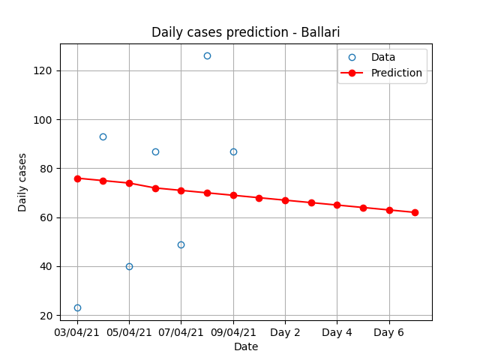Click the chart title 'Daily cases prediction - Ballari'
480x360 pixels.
pyautogui.click(x=245, y=32)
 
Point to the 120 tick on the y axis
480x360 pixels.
pyautogui.click(x=43, y=70)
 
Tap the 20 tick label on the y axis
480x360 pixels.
pyautogui.click(x=46, y=316)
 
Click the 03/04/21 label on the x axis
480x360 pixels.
pyautogui.click(x=76, y=332)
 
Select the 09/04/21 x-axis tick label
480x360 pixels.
pyautogui.click(x=233, y=332)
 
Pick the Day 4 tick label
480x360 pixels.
pyautogui.click(x=337, y=332)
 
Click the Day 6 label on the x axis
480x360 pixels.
pyautogui.click(x=388, y=332)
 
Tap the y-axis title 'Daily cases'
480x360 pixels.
pyautogui.click(x=22, y=182)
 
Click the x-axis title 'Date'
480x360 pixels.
pyautogui.click(x=246, y=346)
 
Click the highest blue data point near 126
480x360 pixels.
pyautogui.click(x=207, y=56)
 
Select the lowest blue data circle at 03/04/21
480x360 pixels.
pyautogui.click(x=77, y=307)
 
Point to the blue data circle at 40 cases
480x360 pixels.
pyautogui.click(x=129, y=267)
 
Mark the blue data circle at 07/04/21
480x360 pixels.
pyautogui.click(x=181, y=245)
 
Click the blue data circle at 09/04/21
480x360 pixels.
pyautogui.click(x=233, y=151)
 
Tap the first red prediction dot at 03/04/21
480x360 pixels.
pyautogui.click(x=77, y=178)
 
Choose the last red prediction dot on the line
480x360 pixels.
pyautogui.click(x=415, y=213)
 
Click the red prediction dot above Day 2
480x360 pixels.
pyautogui.click(x=285, y=201)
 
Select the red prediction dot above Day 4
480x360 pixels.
pyautogui.click(x=337, y=205)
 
